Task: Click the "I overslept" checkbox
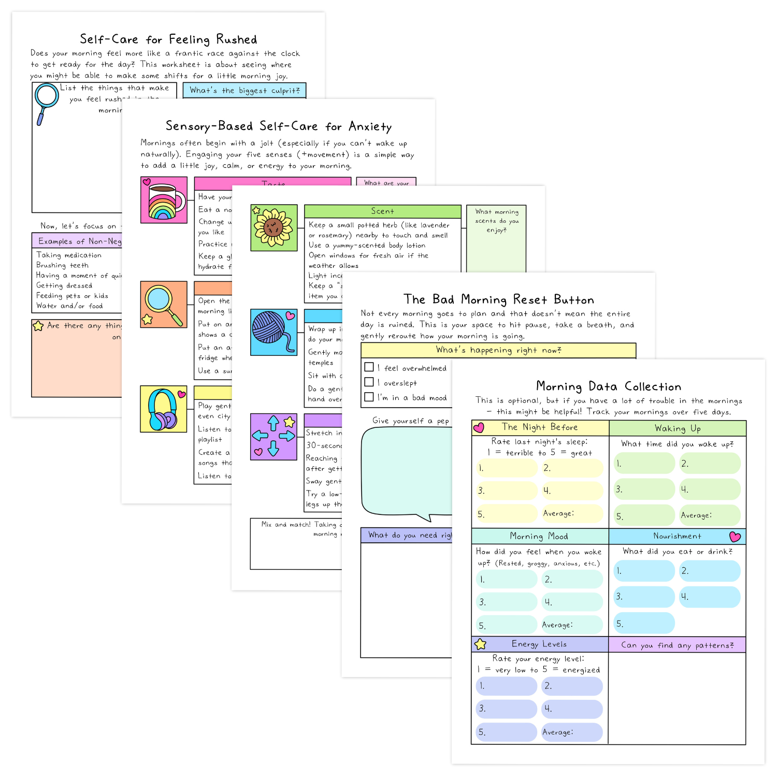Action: (369, 382)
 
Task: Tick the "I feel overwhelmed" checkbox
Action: (369, 367)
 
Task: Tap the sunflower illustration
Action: (274, 227)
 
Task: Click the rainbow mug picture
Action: (164, 200)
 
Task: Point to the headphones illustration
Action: (163, 409)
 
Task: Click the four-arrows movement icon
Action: (274, 437)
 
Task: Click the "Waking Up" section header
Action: (677, 428)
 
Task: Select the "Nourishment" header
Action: (677, 536)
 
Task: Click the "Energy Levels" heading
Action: (539, 644)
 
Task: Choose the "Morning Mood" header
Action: (539, 536)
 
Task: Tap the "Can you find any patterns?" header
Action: (677, 645)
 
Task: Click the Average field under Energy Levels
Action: (572, 732)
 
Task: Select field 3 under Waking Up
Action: (644, 489)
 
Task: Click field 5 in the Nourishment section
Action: (644, 623)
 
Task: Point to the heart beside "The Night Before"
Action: (479, 428)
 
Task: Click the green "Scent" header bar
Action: (382, 211)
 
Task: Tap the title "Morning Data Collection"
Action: (608, 386)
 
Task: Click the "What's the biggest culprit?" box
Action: (244, 91)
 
